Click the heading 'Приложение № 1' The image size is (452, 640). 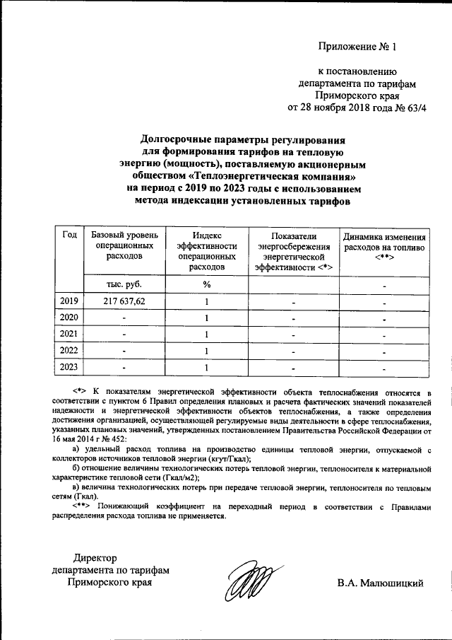[x=358, y=48]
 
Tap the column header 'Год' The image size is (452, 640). [x=69, y=235]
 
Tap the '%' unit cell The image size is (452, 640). [x=207, y=284]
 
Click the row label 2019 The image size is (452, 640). [x=69, y=302]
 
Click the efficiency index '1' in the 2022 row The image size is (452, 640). [x=207, y=351]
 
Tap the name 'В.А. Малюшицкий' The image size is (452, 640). [x=380, y=583]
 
